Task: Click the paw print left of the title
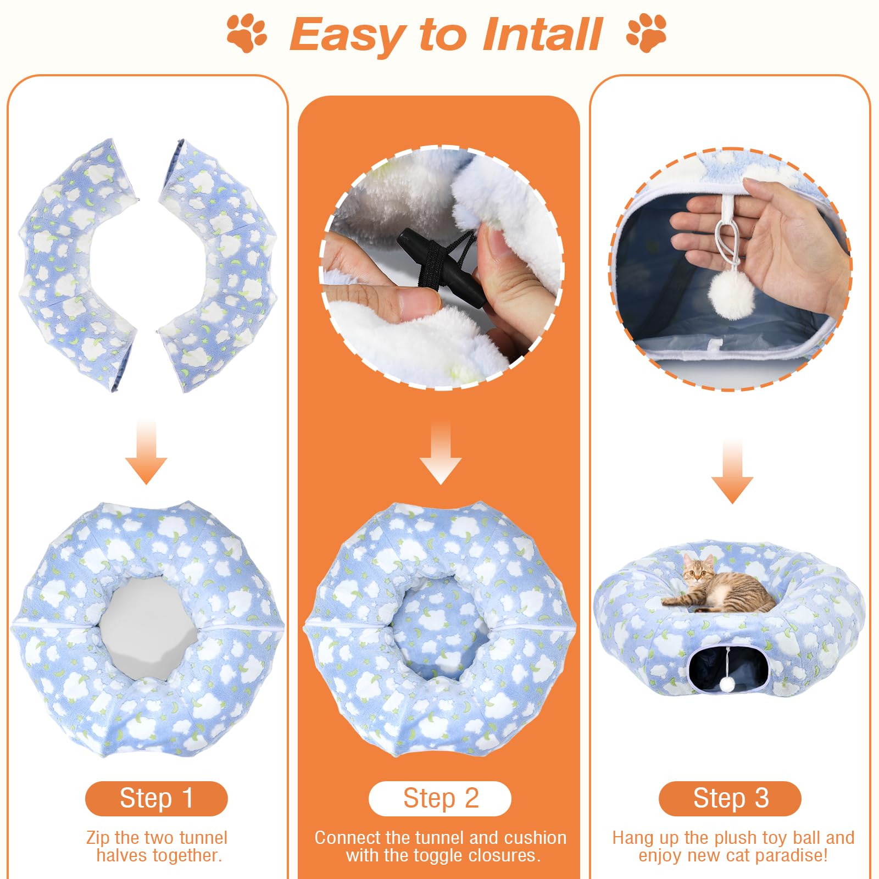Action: pyautogui.click(x=247, y=34)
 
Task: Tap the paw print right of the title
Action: pyautogui.click(x=646, y=34)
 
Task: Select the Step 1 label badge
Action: pyautogui.click(x=156, y=798)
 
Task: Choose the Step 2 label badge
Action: pyautogui.click(x=440, y=798)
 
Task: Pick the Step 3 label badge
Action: pyautogui.click(x=730, y=798)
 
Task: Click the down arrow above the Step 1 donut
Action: pyautogui.click(x=146, y=451)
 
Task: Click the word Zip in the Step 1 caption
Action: pyautogui.click(x=99, y=838)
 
